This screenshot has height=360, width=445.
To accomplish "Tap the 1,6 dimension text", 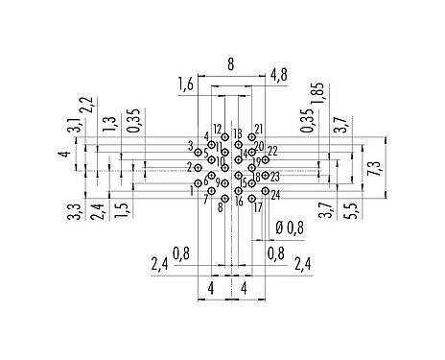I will tap(186, 86).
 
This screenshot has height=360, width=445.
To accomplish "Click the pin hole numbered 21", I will tap(251, 137).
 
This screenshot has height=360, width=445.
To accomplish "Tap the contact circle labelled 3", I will tap(199, 152).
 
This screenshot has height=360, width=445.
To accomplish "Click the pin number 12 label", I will tap(218, 129).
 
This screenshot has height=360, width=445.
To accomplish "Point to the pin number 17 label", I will tap(258, 207).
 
